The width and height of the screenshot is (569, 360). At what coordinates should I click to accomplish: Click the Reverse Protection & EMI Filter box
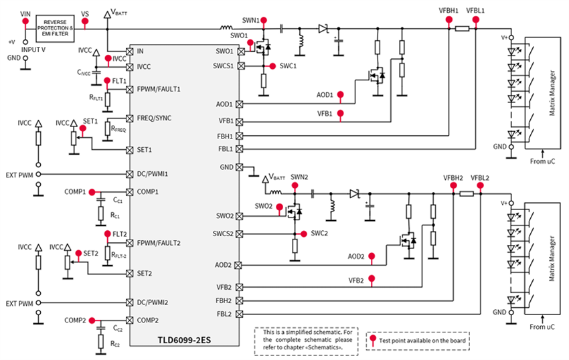click(55, 29)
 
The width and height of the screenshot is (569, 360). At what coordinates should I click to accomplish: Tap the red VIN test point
click(26, 22)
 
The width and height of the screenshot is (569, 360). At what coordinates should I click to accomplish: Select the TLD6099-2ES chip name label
click(183, 339)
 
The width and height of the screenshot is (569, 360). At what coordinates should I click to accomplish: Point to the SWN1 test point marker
click(264, 21)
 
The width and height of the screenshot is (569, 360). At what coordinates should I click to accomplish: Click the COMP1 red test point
click(91, 191)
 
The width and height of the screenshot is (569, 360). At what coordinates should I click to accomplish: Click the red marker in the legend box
click(373, 339)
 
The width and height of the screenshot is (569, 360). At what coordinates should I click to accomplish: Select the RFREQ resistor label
click(119, 128)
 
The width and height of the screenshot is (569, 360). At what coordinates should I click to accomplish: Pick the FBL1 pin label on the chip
click(225, 149)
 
